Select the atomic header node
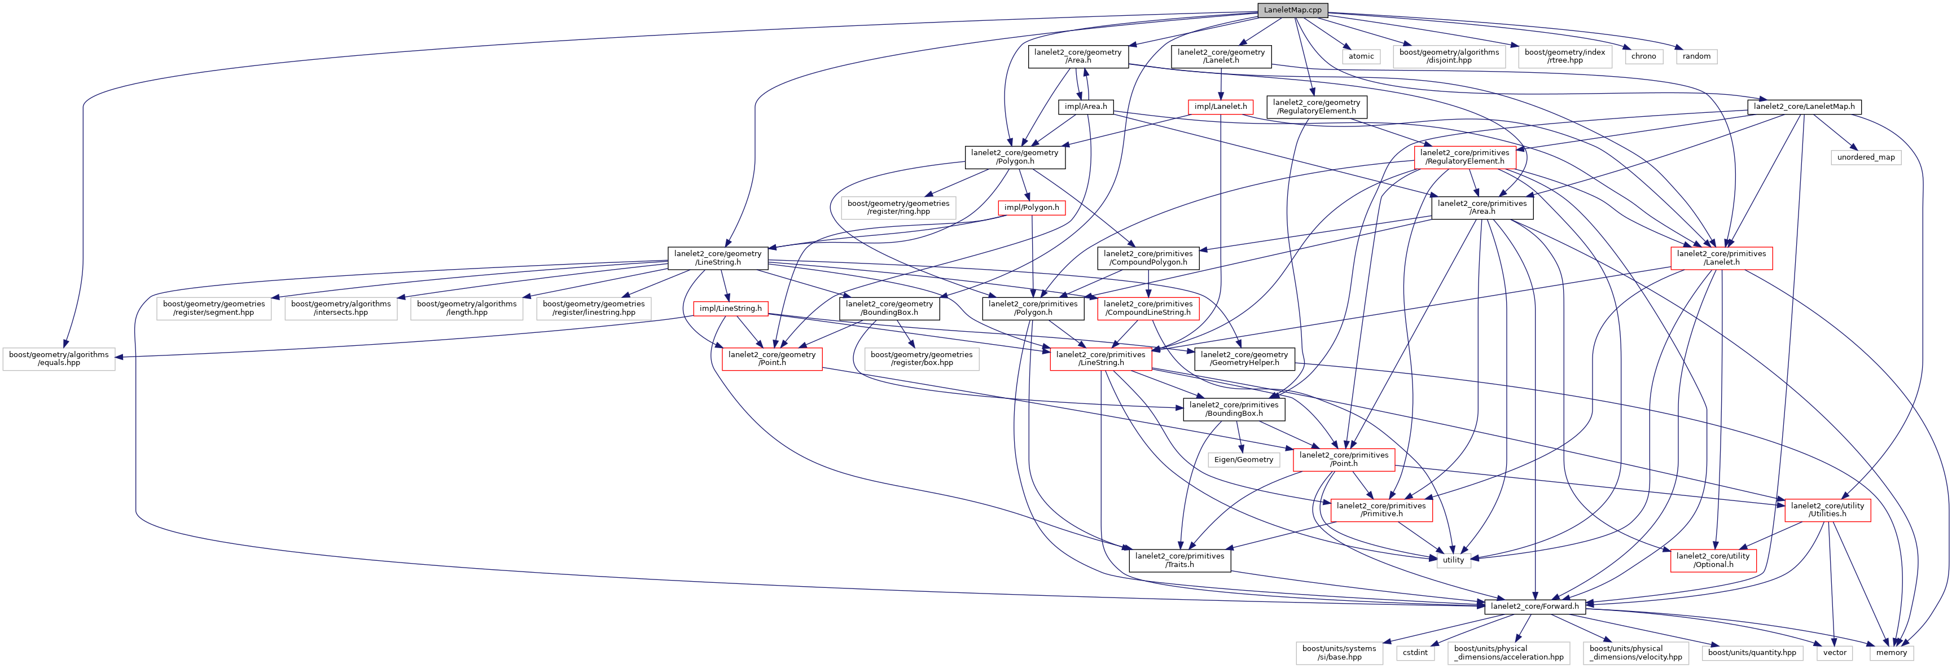1361,56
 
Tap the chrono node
1643,56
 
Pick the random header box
1696,56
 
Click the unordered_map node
1866,157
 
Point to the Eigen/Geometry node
1244,460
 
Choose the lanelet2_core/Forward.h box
1534,606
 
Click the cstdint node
1415,652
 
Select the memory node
1892,652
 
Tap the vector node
1835,652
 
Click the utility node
1453,560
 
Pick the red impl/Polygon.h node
1032,208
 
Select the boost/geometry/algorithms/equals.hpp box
59,358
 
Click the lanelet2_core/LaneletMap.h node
1804,107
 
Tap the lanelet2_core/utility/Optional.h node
1713,560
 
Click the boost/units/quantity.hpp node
1752,652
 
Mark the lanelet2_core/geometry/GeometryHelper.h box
1244,358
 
